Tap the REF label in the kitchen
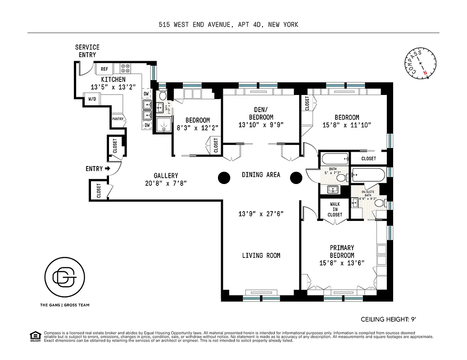tap(104, 69)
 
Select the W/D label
tap(92, 99)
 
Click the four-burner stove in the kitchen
tap(126, 69)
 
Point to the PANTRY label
tap(118, 119)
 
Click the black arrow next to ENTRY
tap(107, 169)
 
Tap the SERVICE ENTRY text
tap(87, 51)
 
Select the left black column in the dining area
tap(224, 178)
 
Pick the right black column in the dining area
tap(295, 178)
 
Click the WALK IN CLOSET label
tap(335, 209)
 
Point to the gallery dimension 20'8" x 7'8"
tap(166, 183)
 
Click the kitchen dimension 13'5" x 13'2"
tap(107, 87)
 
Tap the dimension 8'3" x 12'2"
tap(197, 127)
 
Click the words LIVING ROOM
tap(261, 256)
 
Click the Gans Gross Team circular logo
tap(65, 279)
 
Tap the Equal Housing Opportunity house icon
tap(33, 336)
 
